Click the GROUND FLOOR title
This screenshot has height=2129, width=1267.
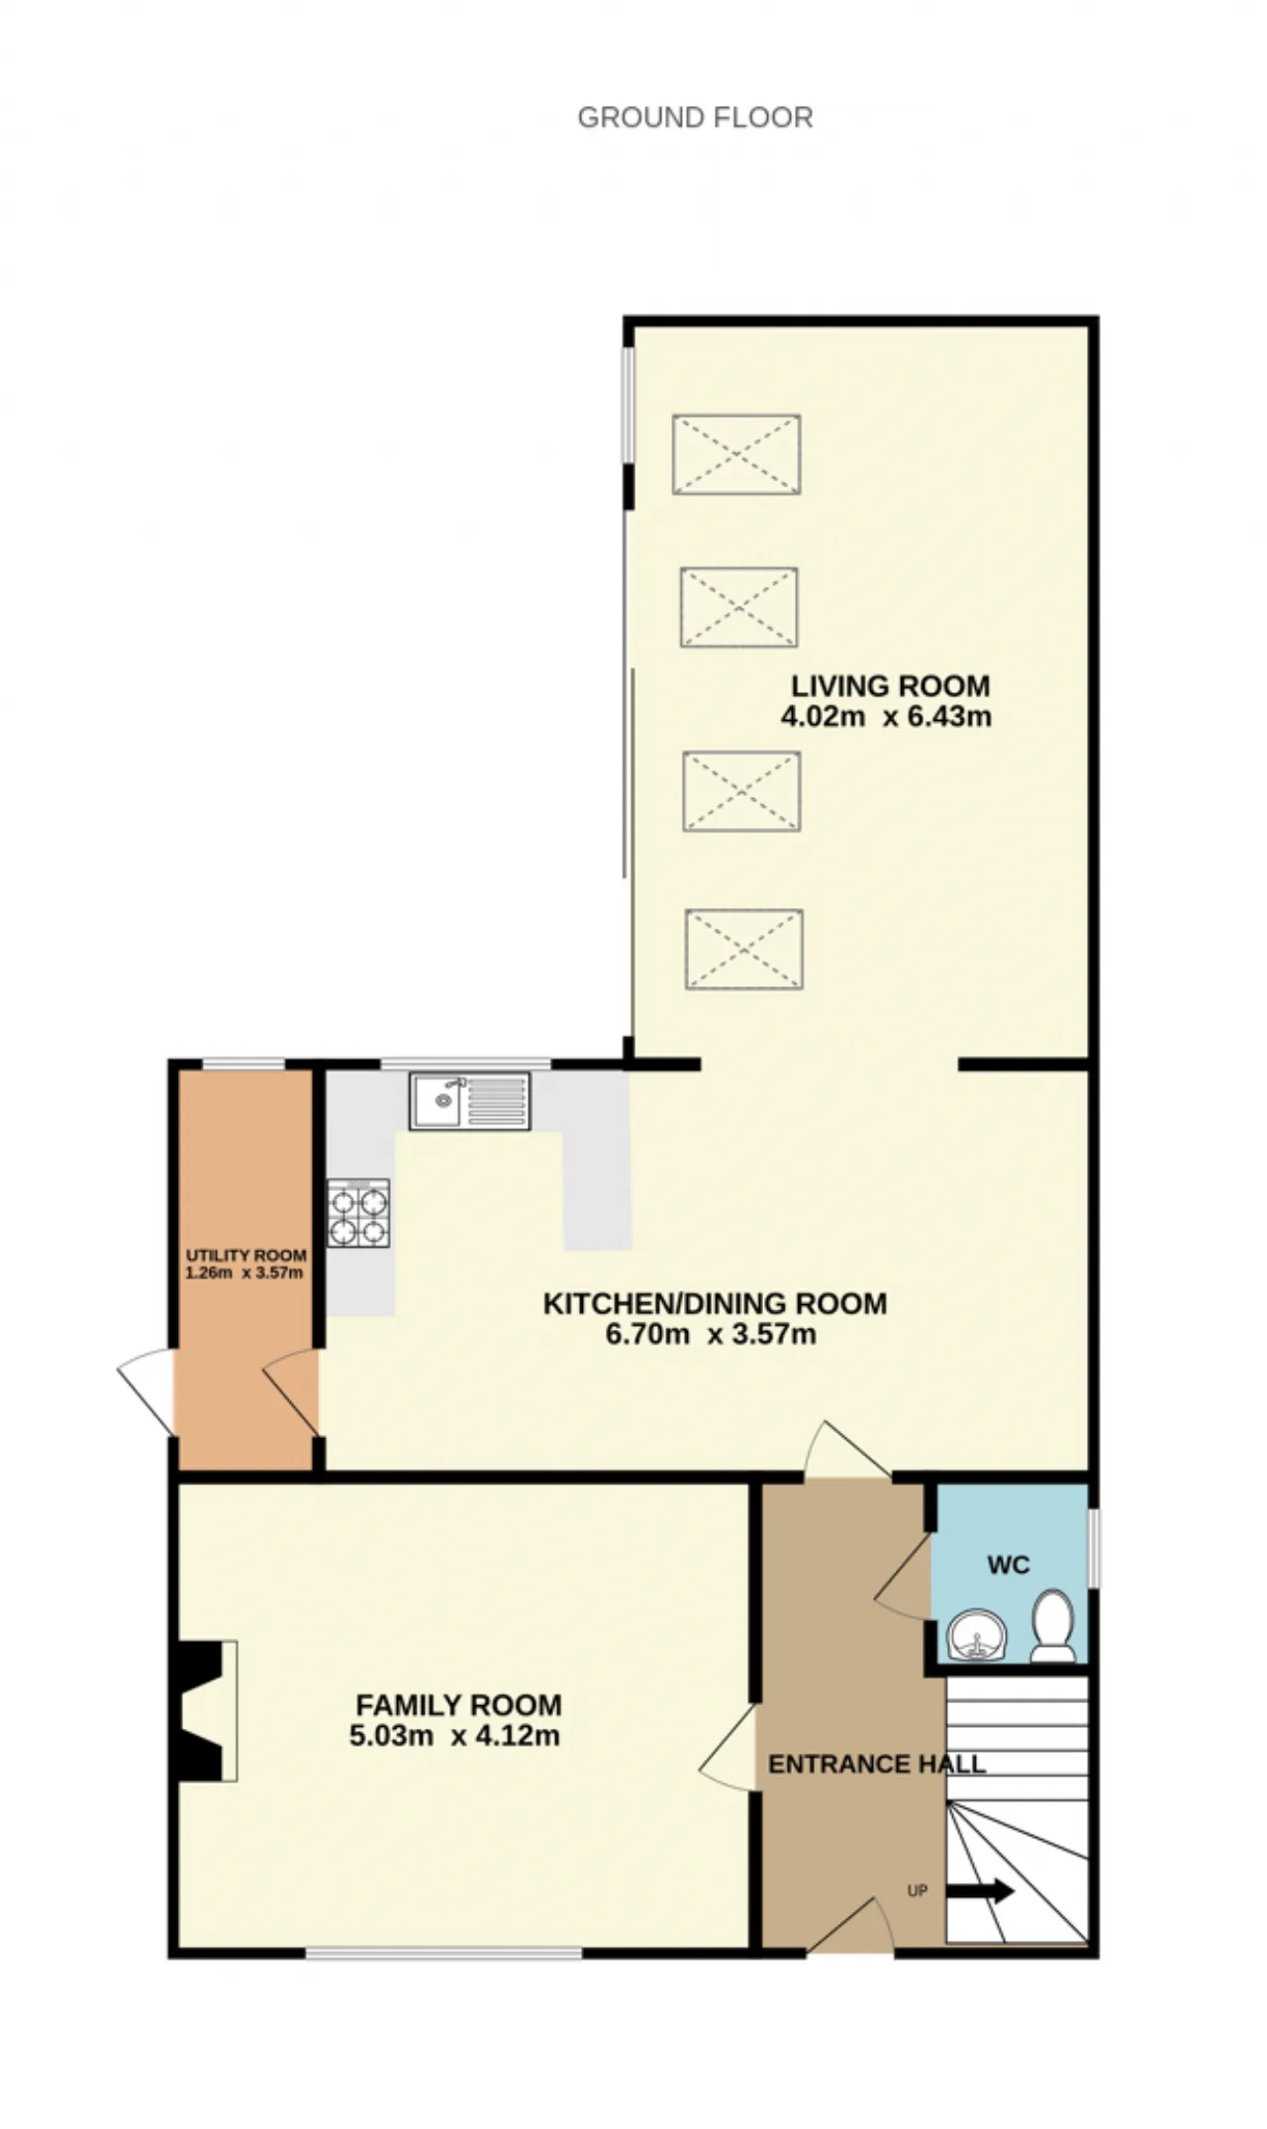[695, 118]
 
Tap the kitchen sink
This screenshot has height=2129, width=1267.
[470, 1101]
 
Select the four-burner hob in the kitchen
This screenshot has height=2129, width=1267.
[358, 1214]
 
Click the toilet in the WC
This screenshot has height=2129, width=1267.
[1053, 1626]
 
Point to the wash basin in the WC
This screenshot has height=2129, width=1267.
[977, 1633]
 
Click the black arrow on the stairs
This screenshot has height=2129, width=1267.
[980, 1891]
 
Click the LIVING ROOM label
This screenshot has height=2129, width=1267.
[890, 686]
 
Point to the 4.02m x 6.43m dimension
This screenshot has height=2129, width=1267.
[886, 717]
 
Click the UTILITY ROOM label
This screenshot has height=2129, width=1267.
[246, 1256]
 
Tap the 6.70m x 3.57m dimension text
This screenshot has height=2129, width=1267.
[711, 1335]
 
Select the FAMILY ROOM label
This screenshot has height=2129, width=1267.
[458, 1705]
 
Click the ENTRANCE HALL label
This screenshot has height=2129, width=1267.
[877, 1764]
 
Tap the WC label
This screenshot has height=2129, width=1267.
[1009, 1565]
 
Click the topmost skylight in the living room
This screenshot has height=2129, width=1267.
[736, 455]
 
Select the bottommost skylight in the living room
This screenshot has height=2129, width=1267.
[743, 950]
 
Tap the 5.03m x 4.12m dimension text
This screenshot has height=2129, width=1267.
[454, 1736]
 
